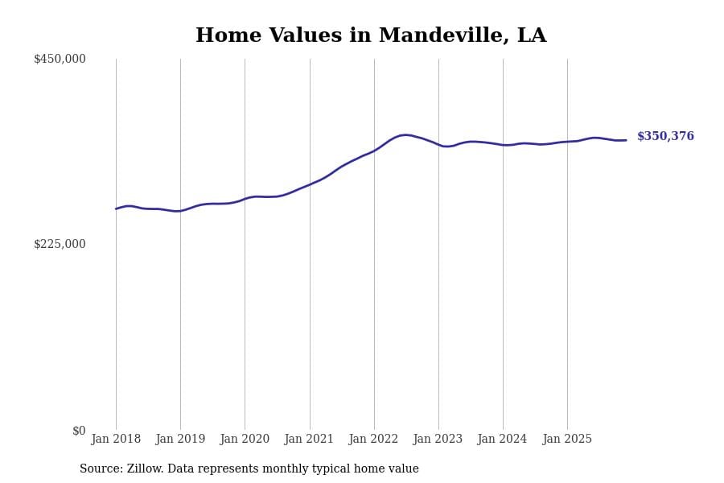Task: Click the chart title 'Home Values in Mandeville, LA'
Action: (371, 36)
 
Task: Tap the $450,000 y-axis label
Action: (60, 59)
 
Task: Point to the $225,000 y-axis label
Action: (60, 244)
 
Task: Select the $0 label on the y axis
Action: (79, 431)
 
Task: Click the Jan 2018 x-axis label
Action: (116, 440)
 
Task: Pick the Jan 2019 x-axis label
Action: (180, 440)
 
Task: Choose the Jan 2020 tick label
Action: (245, 440)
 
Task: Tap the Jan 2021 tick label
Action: (309, 440)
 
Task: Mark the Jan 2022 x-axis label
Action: (373, 440)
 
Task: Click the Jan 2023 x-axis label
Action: (438, 440)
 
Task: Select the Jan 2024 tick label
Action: (502, 440)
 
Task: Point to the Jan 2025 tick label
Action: (567, 440)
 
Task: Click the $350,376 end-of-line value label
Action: (665, 137)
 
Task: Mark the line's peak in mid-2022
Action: (406, 135)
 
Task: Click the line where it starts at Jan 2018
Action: (116, 208)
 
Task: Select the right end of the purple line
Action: (626, 140)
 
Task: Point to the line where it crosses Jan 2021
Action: (310, 184)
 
